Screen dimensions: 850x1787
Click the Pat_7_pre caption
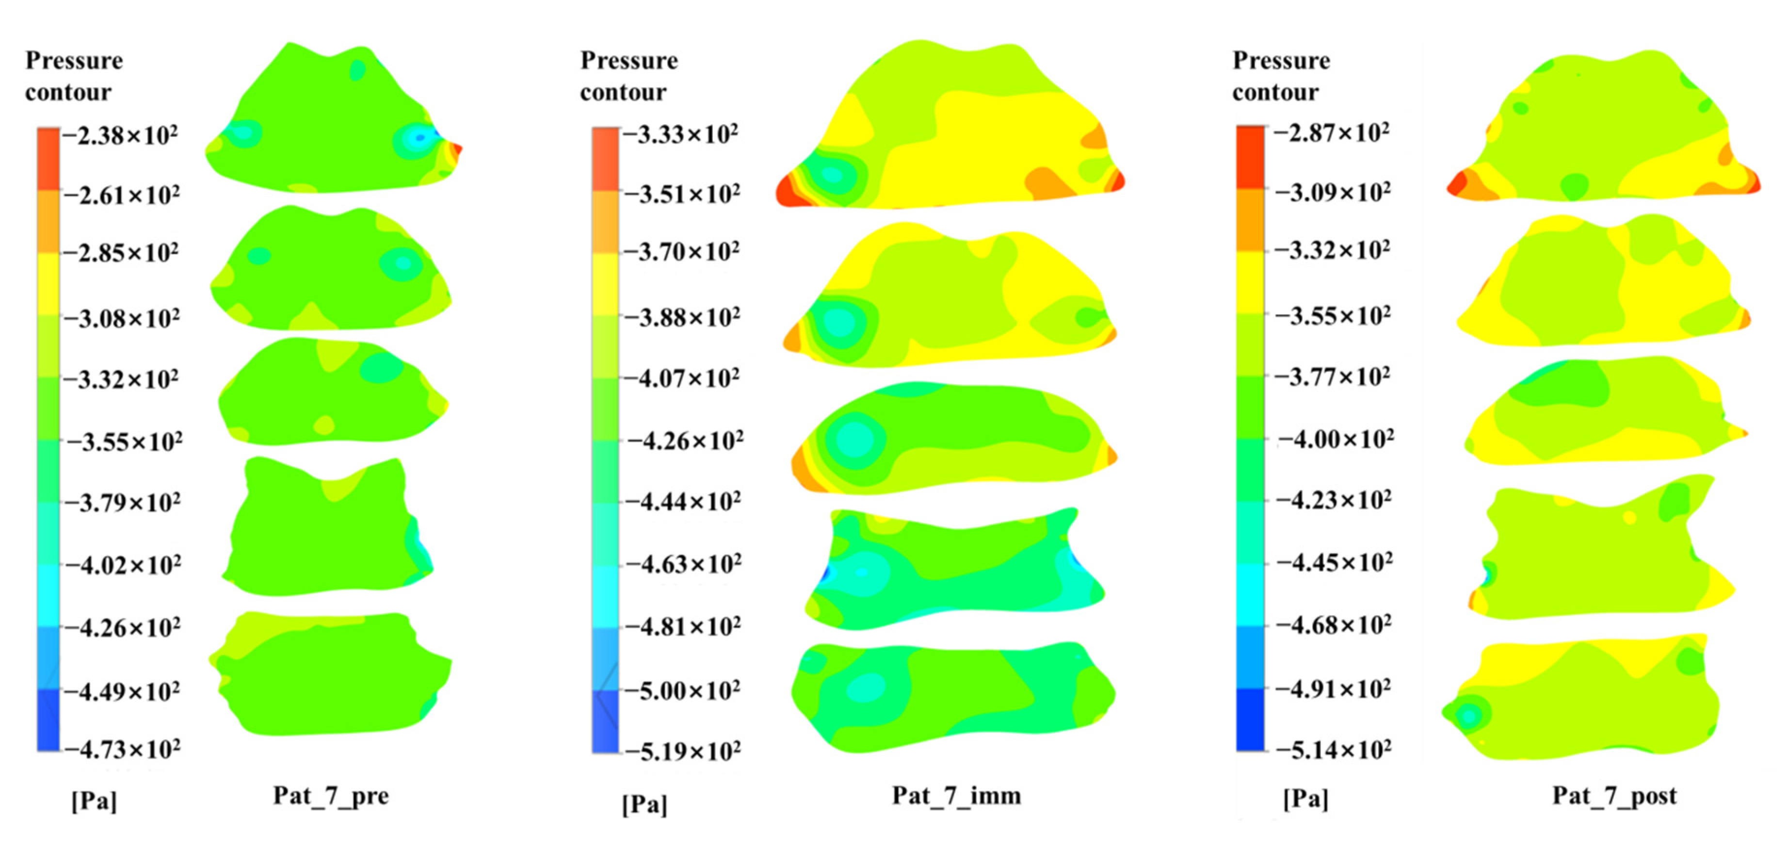coord(331,795)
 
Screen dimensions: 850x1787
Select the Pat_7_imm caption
coord(956,795)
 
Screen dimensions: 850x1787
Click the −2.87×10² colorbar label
coord(1332,132)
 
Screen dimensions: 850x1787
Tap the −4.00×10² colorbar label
coord(1336,439)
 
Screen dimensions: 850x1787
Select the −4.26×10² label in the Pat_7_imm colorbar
coord(685,441)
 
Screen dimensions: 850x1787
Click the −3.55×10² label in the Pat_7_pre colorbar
coord(124,441)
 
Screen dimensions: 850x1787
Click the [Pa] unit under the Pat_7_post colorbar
coord(1305,799)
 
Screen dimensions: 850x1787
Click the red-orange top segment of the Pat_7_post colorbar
coord(1250,157)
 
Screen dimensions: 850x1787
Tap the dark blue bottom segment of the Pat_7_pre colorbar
coord(48,719)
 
